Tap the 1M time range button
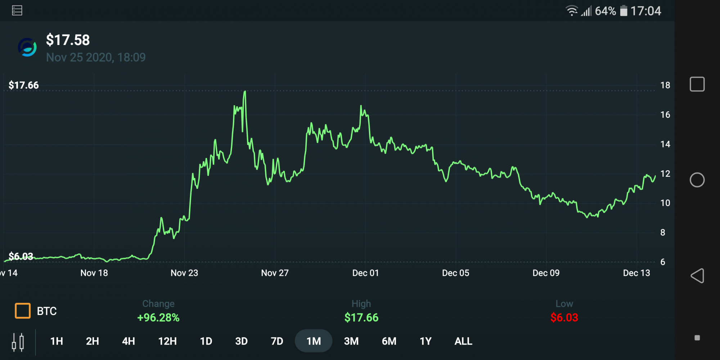click(314, 341)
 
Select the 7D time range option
click(277, 341)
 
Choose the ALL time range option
click(463, 341)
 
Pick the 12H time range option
click(167, 341)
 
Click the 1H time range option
click(57, 341)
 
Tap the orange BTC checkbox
click(23, 311)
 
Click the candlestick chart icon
click(18, 342)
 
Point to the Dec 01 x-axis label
click(365, 273)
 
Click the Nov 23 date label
click(184, 273)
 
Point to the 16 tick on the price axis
click(665, 115)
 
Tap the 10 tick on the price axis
click(665, 203)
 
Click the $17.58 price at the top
click(68, 40)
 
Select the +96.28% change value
click(158, 318)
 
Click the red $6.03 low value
click(564, 318)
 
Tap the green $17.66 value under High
click(361, 318)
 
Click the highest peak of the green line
click(245, 91)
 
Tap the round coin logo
click(27, 47)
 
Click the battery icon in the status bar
click(624, 11)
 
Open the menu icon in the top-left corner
click(17, 10)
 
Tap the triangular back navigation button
click(697, 276)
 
